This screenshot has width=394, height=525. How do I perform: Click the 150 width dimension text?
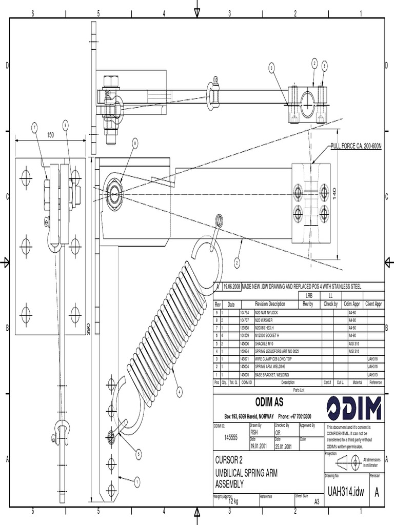point(50,135)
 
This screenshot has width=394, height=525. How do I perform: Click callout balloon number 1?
point(137,481)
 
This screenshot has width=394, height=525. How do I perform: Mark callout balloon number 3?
point(271,68)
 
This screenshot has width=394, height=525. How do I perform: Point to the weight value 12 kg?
point(234,501)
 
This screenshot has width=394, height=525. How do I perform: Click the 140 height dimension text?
point(334,193)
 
